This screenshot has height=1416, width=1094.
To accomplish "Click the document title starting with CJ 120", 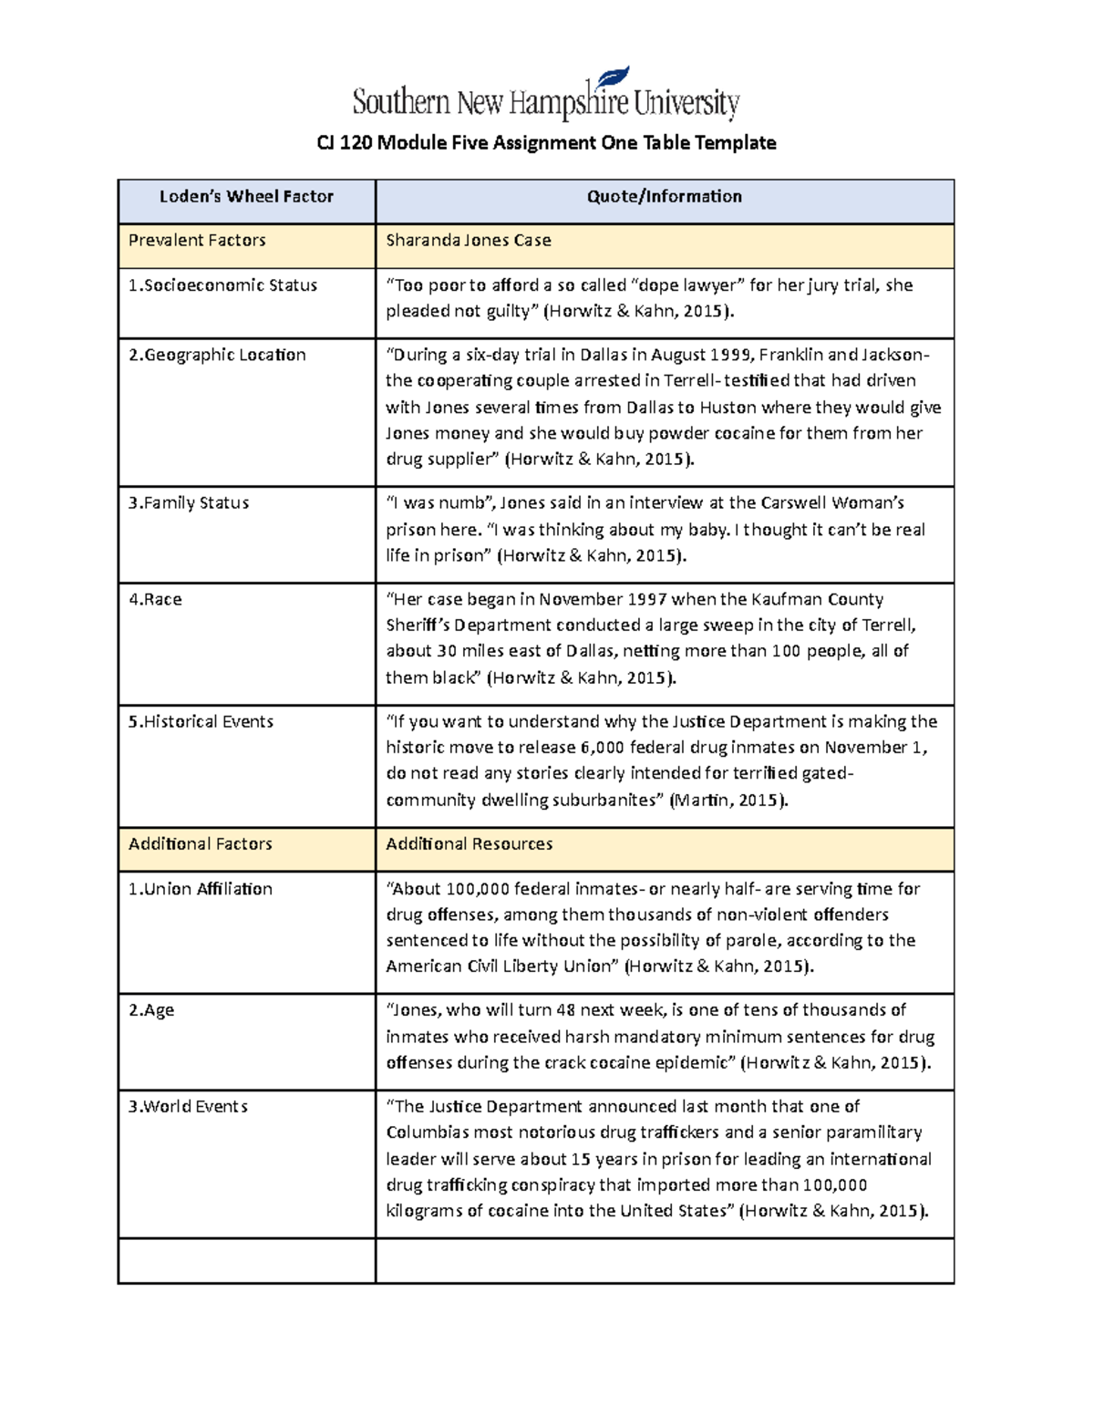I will [546, 143].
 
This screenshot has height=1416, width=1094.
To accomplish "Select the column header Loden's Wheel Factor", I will [246, 197].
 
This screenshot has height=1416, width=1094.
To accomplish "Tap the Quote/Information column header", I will [664, 197].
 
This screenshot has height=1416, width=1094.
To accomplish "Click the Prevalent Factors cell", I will [197, 241].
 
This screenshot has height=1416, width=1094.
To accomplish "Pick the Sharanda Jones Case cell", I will [468, 241].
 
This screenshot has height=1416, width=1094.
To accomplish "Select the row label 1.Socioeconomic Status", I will [222, 285].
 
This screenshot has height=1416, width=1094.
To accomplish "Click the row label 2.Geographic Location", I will [217, 355].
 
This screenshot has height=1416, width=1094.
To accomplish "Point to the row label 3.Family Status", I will [189, 503].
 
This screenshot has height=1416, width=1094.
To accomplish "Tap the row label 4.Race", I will [155, 600].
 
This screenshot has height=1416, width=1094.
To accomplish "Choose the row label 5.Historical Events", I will [201, 722].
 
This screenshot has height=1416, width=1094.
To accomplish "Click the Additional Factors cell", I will [200, 844].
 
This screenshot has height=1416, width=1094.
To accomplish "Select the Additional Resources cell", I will [469, 844].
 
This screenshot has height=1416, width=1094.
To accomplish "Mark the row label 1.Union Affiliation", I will [200, 889].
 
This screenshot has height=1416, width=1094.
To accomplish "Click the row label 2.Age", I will [151, 1010].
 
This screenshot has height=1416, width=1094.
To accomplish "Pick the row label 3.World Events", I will [188, 1107].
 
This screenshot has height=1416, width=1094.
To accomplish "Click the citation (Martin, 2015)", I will [728, 801].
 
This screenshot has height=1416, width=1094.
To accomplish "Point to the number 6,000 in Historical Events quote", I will [602, 748].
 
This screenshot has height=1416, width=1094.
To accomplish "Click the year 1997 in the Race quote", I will [646, 600].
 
